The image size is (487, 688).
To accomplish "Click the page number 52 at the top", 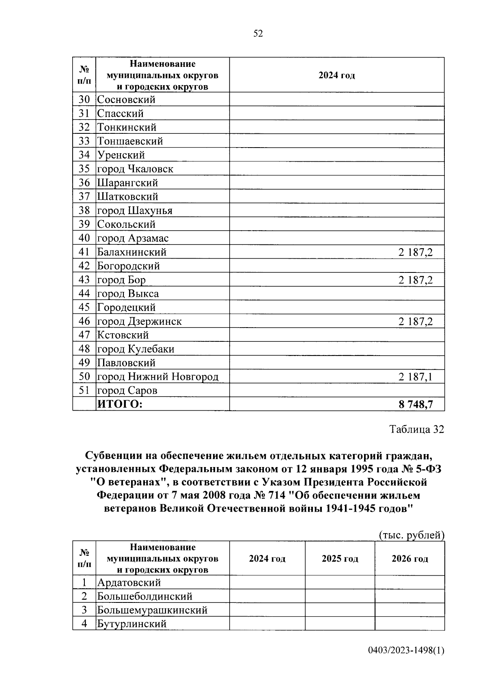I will tap(258, 34).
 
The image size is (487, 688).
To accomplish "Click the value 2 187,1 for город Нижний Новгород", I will tap(415, 377).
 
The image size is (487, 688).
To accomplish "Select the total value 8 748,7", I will tap(416, 404).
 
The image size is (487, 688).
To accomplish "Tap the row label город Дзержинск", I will tap(139, 321).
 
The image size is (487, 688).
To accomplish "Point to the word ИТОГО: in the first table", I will tap(120, 404).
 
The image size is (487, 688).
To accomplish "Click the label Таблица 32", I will tap(416, 429).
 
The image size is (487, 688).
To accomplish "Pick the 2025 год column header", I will tap(340, 559).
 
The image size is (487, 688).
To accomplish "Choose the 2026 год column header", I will tap(409, 559).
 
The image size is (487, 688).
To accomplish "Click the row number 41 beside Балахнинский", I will tap(84, 252).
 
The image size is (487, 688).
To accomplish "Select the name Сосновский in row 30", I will tap(126, 100).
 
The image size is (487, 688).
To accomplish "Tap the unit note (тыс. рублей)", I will tap(412, 535).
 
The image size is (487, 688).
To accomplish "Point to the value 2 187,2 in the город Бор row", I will tap(415, 280).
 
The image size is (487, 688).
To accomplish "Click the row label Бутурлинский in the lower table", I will tap(132, 624).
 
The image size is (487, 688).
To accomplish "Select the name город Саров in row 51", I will tap(127, 391).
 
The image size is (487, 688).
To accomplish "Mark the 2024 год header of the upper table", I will tap(336, 75).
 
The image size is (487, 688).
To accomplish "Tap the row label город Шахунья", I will tap(135, 211).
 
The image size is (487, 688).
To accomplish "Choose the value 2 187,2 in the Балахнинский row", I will tap(415, 253).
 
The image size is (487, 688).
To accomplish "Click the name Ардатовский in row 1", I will tap(129, 583).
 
